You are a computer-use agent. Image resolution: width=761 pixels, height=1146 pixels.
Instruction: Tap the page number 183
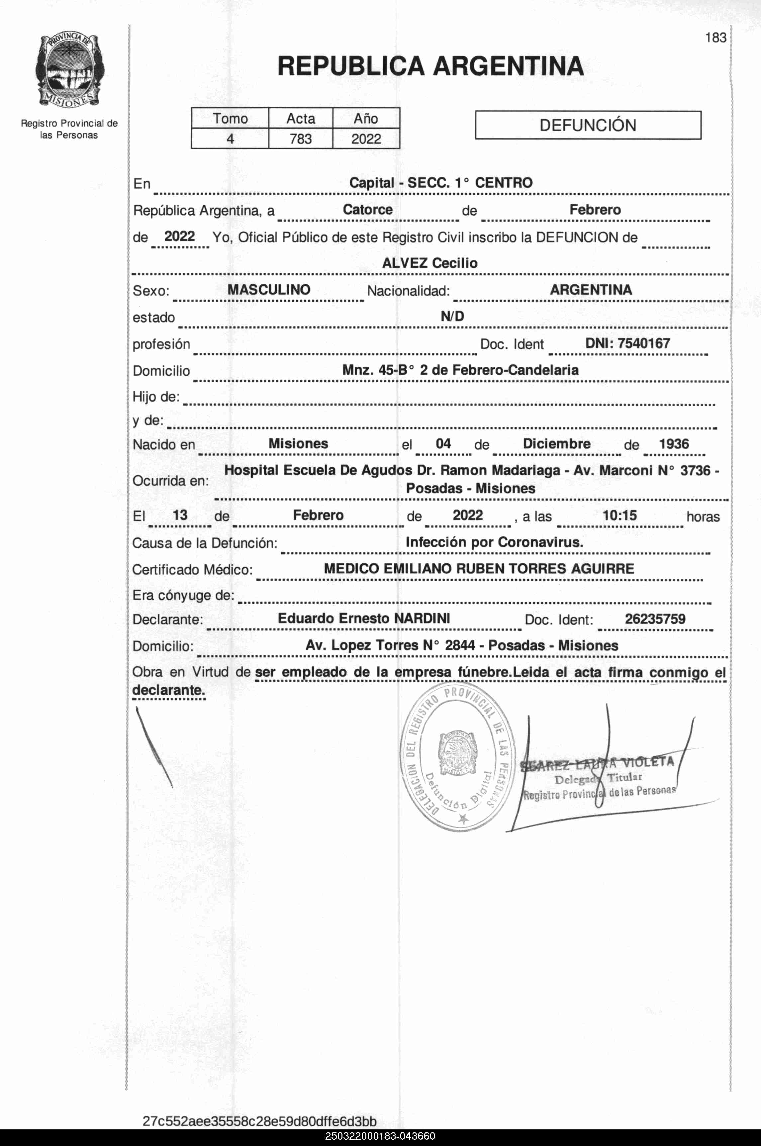[715, 38]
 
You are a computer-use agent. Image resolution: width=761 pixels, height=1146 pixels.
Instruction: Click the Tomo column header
[230, 119]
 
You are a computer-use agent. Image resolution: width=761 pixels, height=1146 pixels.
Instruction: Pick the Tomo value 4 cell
[230, 139]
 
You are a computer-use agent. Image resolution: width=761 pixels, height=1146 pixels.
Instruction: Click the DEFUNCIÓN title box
[588, 125]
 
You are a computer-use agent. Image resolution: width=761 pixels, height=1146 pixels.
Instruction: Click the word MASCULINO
[269, 290]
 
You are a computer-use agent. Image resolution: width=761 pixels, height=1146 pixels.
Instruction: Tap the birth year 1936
[674, 444]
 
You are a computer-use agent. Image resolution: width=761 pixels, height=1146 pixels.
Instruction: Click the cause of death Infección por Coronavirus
[494, 542]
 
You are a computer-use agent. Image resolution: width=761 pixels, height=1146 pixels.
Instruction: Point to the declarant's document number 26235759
[655, 619]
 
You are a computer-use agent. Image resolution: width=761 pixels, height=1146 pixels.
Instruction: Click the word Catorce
[367, 210]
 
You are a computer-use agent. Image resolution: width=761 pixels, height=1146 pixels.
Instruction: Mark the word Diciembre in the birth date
[557, 444]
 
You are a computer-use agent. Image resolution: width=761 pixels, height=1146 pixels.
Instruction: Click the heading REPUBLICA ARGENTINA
[430, 66]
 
